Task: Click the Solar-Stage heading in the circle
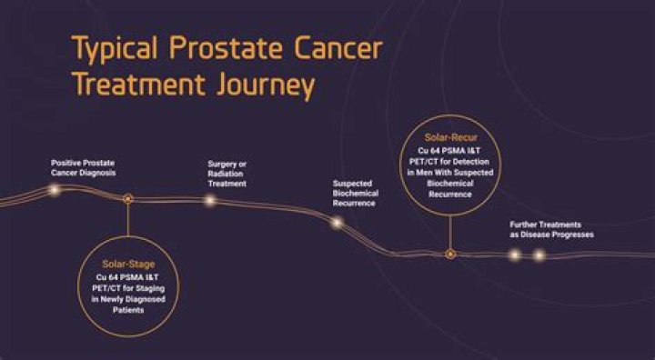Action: pyautogui.click(x=127, y=264)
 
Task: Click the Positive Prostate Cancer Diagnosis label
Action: pyautogui.click(x=84, y=167)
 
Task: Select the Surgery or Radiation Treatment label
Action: pyautogui.click(x=227, y=174)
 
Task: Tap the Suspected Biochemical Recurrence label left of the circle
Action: pyautogui.click(x=356, y=193)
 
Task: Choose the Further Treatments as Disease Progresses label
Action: pyautogui.click(x=551, y=229)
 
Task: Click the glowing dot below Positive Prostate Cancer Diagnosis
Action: pyautogui.click(x=54, y=190)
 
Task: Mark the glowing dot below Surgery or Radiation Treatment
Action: pyautogui.click(x=210, y=200)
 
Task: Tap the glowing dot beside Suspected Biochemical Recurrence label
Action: pyautogui.click(x=336, y=222)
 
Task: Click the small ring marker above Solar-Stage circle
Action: pyautogui.click(x=127, y=197)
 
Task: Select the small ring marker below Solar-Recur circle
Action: pyautogui.click(x=448, y=254)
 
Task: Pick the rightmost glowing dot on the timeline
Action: pyautogui.click(x=539, y=255)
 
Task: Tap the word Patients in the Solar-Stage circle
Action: pyautogui.click(x=127, y=311)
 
